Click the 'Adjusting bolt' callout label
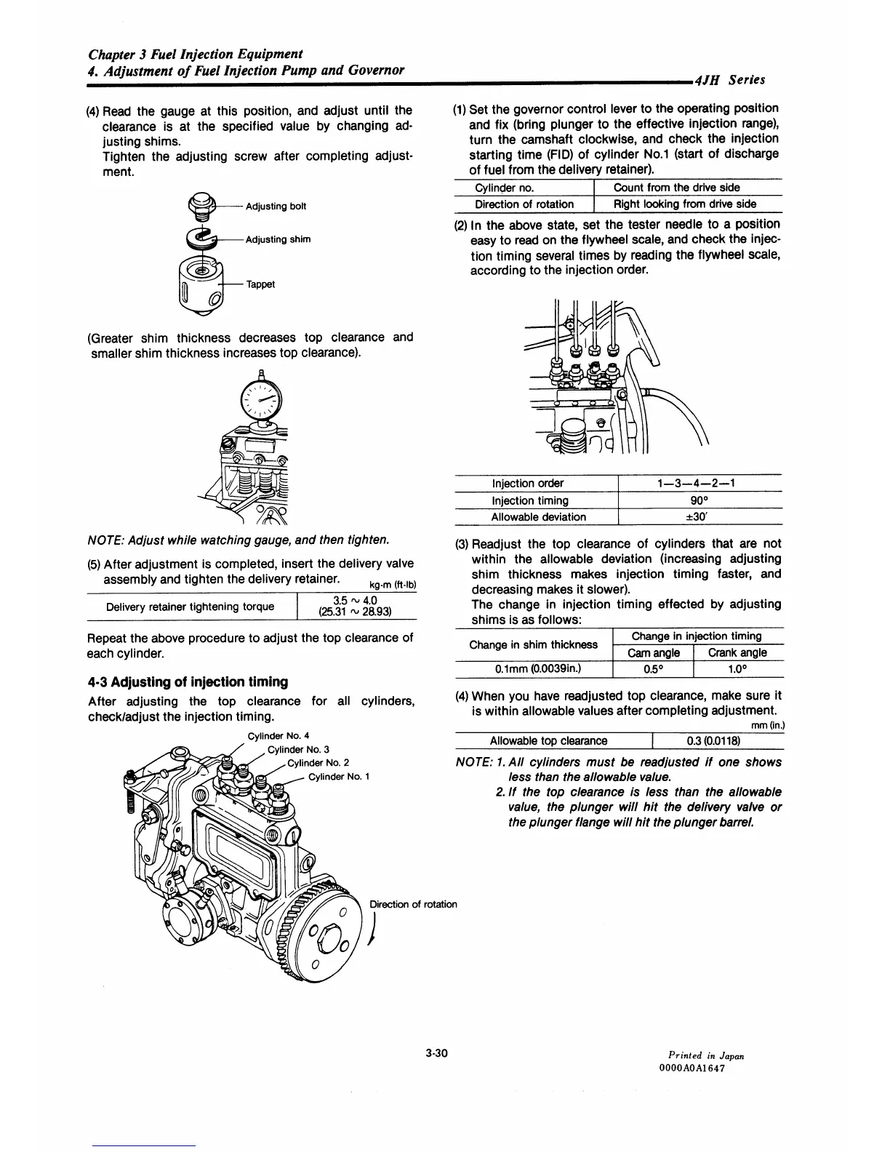tap(276, 207)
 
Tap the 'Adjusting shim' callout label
tap(278, 239)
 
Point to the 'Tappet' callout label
tap(260, 284)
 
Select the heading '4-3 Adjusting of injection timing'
tap(188, 681)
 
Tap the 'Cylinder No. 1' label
tap(340, 777)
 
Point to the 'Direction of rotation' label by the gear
tap(413, 904)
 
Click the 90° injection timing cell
tap(699, 500)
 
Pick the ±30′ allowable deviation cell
tap(699, 517)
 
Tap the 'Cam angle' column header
tap(654, 653)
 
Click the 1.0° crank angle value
tap(737, 670)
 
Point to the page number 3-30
tap(436, 1052)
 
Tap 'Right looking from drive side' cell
tap(685, 204)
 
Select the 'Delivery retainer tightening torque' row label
tap(191, 607)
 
